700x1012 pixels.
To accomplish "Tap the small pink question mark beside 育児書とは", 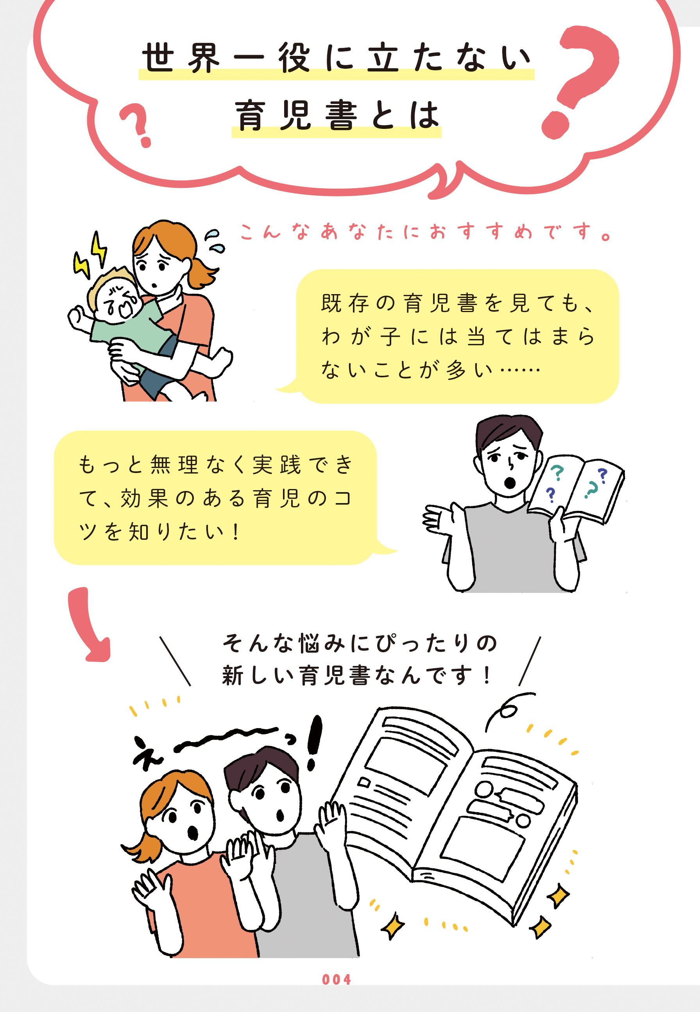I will (137, 125).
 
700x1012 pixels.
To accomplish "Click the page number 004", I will (337, 980).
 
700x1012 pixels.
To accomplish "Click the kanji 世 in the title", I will (157, 58).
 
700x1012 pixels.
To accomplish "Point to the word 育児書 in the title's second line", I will (295, 116).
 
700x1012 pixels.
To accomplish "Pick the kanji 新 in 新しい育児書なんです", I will (233, 675).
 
